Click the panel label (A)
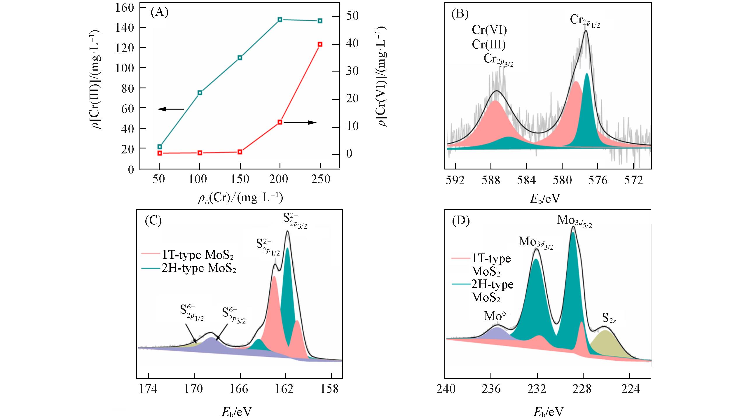coord(160,13)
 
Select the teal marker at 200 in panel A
coord(280,20)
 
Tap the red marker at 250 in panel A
coord(320,44)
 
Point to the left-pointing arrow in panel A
coord(171,109)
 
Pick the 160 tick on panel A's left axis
coord(125,7)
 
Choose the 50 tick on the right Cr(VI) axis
coord(352,16)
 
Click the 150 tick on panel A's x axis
coord(240,179)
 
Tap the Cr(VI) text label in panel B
coord(489,30)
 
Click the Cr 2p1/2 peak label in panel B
coord(585,21)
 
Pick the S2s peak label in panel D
coord(609,320)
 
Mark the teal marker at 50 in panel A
coord(160,146)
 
